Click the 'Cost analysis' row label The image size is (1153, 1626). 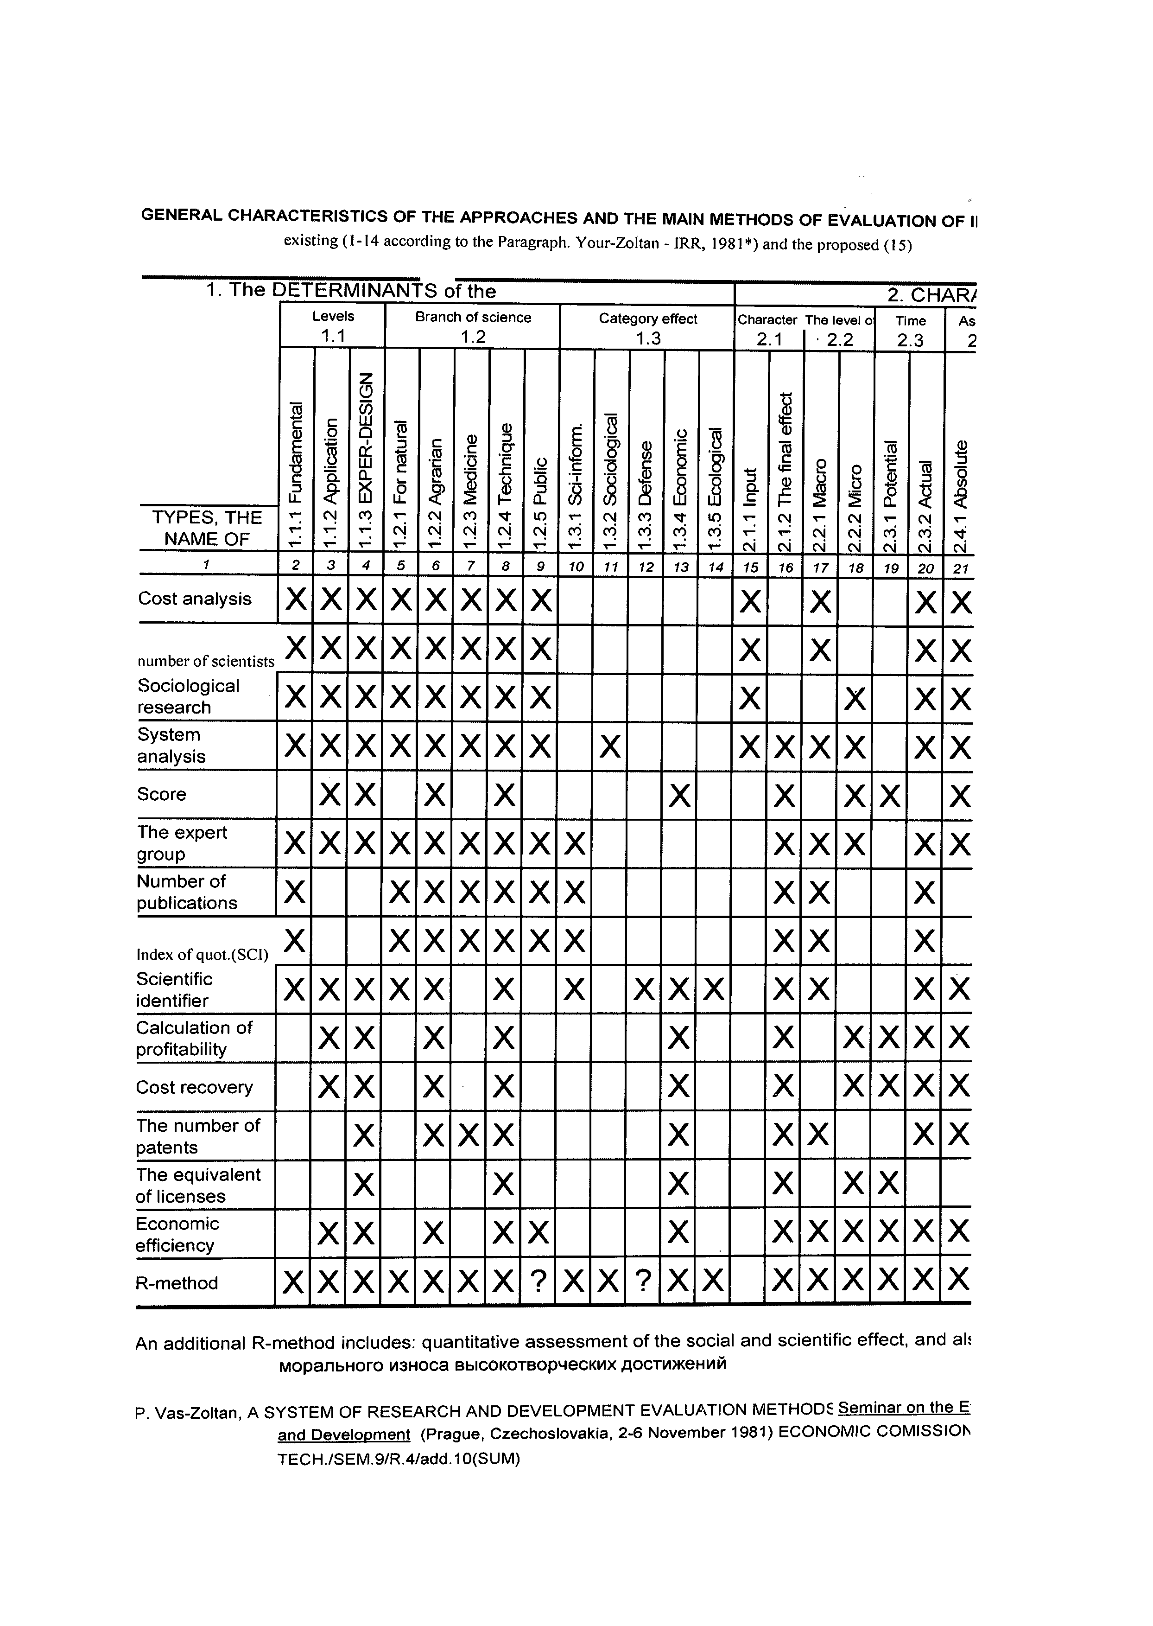(x=195, y=599)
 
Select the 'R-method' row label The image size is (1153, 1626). (x=177, y=1283)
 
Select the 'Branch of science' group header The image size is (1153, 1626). (x=473, y=318)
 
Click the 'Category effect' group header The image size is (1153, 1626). (x=647, y=319)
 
